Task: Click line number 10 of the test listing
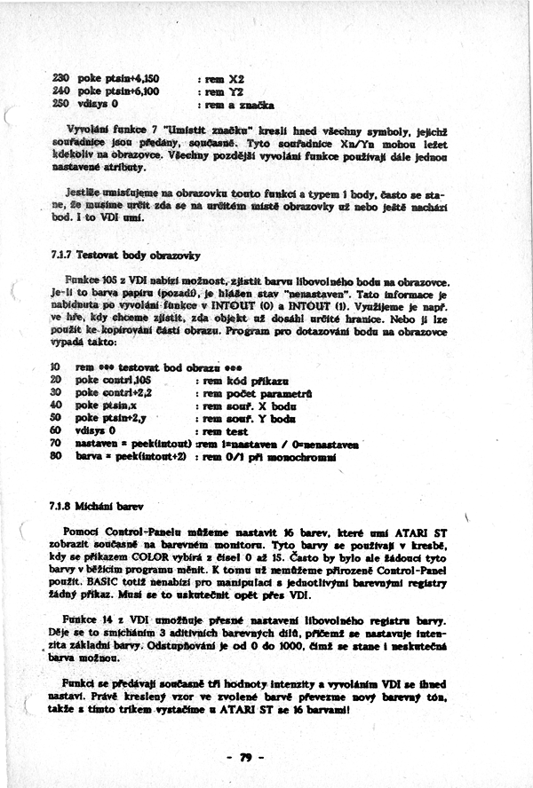click(x=55, y=366)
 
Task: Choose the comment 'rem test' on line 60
click(x=224, y=429)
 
